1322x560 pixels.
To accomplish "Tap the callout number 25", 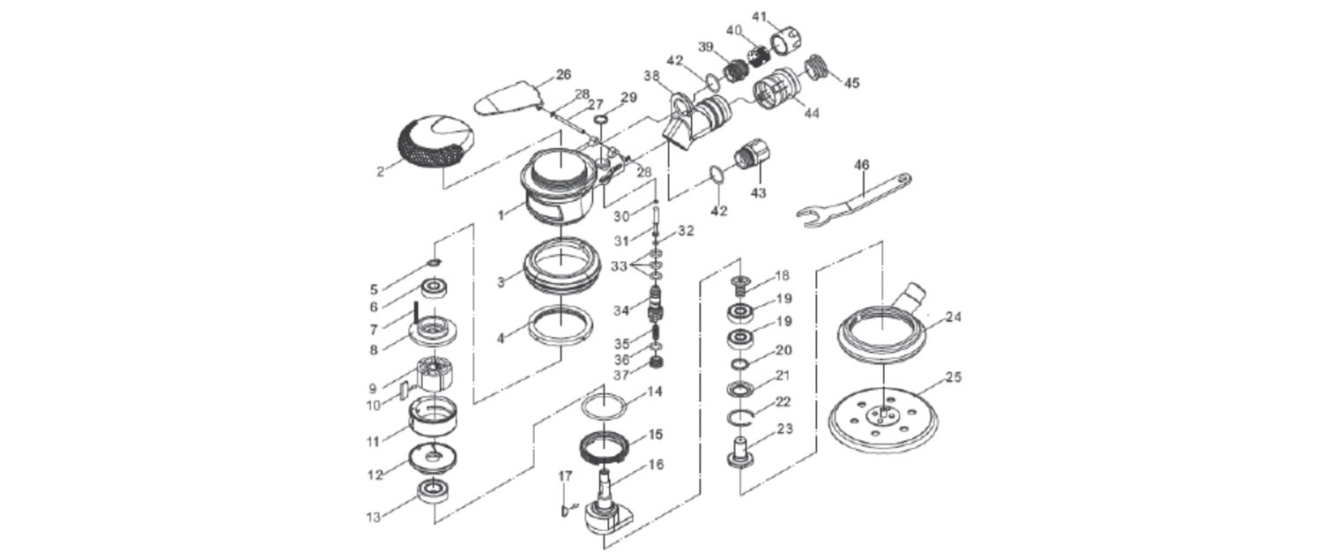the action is pyautogui.click(x=954, y=377).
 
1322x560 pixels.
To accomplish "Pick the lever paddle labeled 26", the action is pyautogui.click(x=509, y=100).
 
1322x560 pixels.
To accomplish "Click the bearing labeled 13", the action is pyautogui.click(x=434, y=491).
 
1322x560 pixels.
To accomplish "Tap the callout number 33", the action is pyautogui.click(x=619, y=266).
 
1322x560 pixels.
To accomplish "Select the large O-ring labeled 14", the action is pyautogui.click(x=603, y=407).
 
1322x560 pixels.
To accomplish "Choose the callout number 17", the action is pyautogui.click(x=566, y=476).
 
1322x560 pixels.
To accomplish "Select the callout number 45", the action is pyautogui.click(x=851, y=82).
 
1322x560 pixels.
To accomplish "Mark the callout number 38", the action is pyautogui.click(x=651, y=76).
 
